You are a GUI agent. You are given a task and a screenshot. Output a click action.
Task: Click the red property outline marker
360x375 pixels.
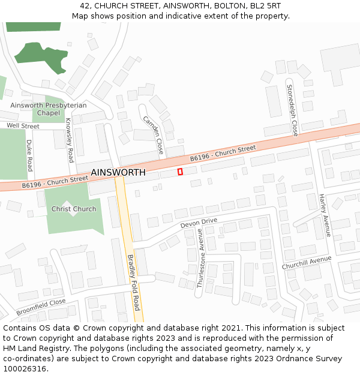[x=180, y=172]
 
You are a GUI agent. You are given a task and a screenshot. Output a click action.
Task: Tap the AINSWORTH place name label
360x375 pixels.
[x=118, y=173]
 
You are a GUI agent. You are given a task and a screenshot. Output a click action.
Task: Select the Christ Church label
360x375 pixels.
[x=74, y=209]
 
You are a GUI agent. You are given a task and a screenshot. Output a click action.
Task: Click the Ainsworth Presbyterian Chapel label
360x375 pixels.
[x=48, y=109]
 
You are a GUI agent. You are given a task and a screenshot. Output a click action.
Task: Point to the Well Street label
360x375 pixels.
[x=23, y=127]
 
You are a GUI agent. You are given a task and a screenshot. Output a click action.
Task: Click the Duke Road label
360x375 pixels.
[x=29, y=155]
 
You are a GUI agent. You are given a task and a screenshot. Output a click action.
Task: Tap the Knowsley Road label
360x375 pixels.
[x=69, y=140]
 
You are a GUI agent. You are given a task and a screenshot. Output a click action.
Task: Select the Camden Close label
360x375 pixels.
[x=153, y=134]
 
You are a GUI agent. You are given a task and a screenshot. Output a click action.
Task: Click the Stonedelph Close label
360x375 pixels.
[x=292, y=110]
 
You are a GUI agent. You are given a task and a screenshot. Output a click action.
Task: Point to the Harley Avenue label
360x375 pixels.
[x=325, y=215]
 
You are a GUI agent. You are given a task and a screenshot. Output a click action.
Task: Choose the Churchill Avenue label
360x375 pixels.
[x=306, y=262]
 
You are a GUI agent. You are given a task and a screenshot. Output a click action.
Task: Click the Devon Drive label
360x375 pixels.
[x=199, y=223]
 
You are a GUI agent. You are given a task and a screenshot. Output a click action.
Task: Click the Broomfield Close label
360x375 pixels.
[x=41, y=307]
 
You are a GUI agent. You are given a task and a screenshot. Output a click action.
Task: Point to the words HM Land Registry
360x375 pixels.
[x=32, y=348]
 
